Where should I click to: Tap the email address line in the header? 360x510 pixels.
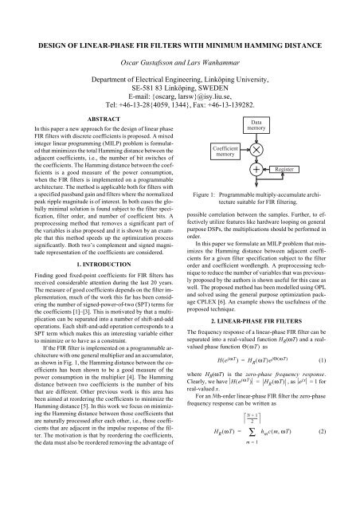coord(180,92)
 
